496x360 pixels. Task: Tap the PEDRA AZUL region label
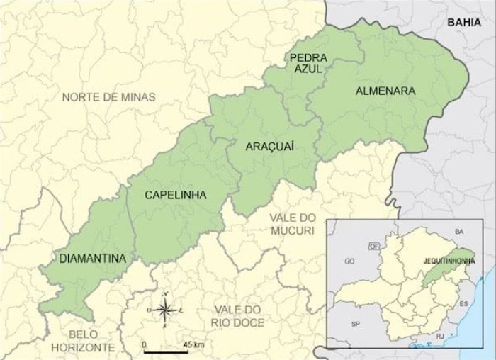[x=308, y=63]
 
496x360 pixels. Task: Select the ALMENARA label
[x=385, y=91]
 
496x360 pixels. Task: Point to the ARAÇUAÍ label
[x=269, y=146]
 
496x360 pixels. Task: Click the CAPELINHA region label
[x=176, y=195]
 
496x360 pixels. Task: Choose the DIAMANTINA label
[x=92, y=259]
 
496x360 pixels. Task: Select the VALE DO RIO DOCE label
[x=237, y=316]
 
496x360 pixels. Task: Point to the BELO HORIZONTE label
[x=83, y=341]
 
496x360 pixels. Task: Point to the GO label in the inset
[x=349, y=261]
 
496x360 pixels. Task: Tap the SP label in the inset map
[x=356, y=324]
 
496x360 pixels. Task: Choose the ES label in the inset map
[x=464, y=303]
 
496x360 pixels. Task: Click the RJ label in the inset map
[x=440, y=337]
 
